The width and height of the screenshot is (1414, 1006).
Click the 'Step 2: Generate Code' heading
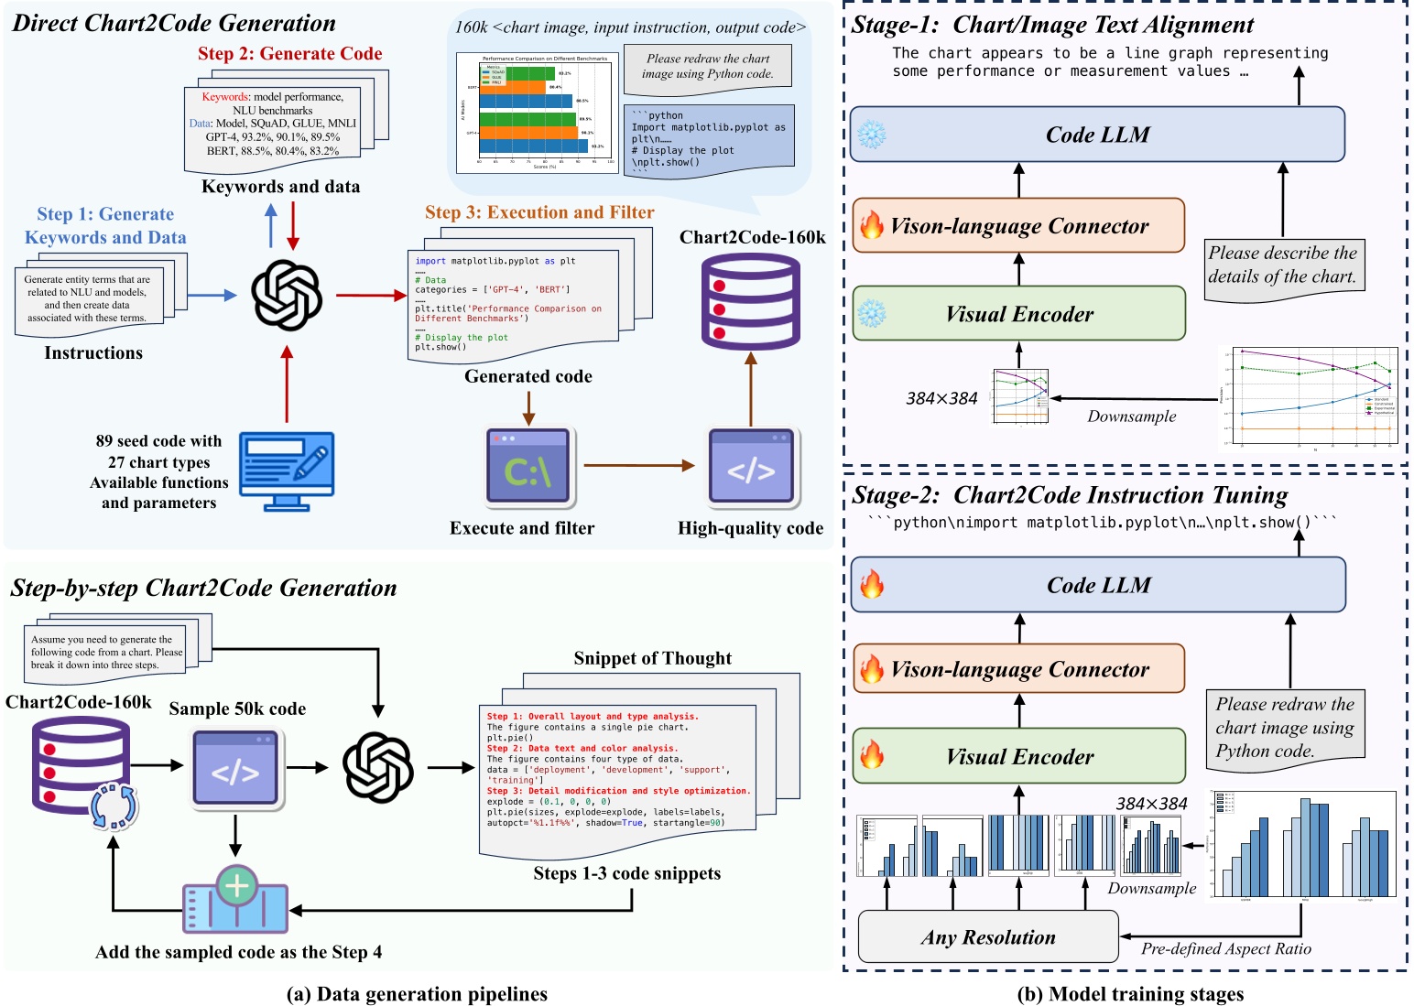289,53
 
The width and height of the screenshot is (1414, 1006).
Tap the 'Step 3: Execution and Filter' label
539,212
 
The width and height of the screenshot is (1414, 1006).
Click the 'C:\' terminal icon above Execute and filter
528,467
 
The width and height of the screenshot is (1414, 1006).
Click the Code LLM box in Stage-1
1097,135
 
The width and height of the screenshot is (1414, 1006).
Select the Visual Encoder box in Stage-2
1018,756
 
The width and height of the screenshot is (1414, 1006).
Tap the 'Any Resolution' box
988,936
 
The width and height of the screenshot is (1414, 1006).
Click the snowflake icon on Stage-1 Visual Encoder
871,314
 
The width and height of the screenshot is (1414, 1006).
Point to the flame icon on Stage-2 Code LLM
872,584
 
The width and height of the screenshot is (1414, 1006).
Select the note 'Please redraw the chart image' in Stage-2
1284,728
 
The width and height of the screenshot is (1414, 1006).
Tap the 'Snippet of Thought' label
652,658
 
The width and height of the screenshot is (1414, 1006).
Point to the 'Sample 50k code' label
237,709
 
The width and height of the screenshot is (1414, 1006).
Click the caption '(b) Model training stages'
1130,993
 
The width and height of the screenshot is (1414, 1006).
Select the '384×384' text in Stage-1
941,398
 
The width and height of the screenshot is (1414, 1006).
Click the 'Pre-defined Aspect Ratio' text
1225,948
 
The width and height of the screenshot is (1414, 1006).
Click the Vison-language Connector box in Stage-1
1018,226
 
